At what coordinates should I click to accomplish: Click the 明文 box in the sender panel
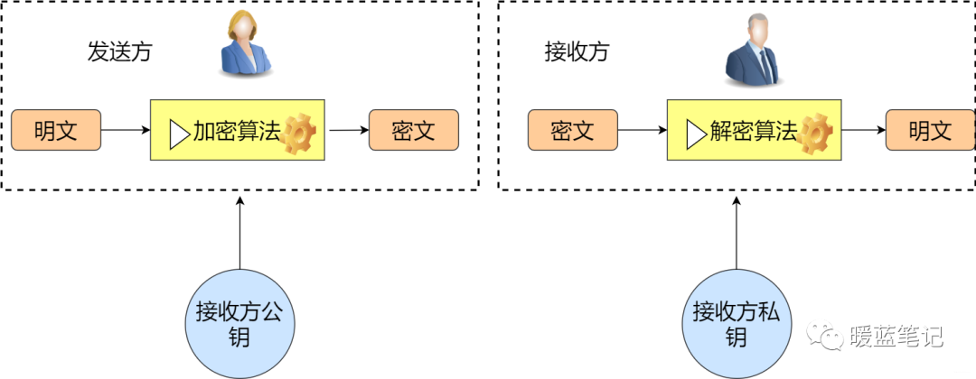[56, 132]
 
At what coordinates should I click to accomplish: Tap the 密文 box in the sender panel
[414, 132]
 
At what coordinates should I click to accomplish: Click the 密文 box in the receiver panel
[572, 132]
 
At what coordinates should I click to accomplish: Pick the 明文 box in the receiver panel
[930, 132]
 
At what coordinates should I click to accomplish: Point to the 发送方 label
[119, 51]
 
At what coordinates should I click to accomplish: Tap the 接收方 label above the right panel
[577, 51]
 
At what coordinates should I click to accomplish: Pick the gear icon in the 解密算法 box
[815, 134]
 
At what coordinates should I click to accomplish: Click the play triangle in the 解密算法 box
[695, 134]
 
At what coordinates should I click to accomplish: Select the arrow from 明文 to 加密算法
[125, 131]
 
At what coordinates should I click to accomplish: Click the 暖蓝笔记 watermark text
[896, 337]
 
